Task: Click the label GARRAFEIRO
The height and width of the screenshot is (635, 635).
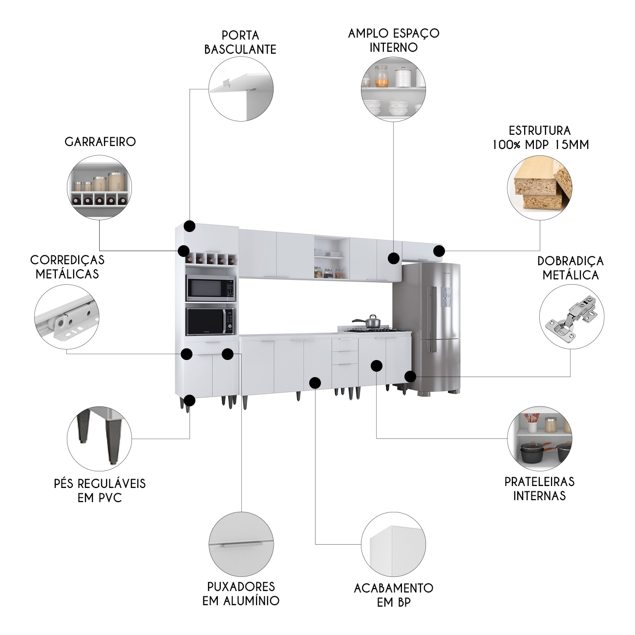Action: [100, 142]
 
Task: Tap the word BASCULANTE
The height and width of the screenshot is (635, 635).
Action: [240, 49]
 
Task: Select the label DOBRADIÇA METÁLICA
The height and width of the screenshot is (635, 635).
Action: [571, 268]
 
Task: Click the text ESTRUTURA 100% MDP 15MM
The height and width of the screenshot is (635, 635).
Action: [540, 137]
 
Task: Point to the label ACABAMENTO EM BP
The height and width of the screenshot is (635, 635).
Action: [394, 595]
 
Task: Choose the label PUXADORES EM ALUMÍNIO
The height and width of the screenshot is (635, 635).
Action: [241, 594]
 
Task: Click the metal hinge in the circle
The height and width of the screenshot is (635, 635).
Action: [571, 317]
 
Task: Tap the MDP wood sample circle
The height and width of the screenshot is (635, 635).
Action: [540, 188]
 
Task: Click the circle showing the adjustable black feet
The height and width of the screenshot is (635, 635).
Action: [99, 439]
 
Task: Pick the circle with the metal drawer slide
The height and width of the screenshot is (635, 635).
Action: [66, 317]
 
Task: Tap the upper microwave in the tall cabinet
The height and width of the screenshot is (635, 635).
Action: [211, 288]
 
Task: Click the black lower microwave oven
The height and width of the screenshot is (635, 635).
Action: [210, 321]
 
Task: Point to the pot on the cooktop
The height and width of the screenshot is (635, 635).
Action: [367, 321]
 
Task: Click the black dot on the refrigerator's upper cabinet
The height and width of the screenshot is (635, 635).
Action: [439, 252]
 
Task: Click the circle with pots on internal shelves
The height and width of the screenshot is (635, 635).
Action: [540, 439]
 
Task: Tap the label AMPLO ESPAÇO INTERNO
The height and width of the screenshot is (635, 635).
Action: [394, 40]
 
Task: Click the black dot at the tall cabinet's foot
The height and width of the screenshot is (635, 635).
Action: [190, 401]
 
